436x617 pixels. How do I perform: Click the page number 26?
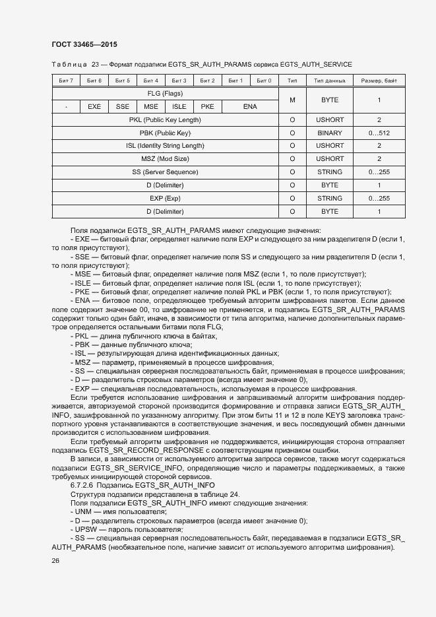coord(55,560)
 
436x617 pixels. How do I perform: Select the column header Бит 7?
coord(66,81)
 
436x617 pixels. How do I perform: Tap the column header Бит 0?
coord(264,81)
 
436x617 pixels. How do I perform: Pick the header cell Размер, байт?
coord(379,81)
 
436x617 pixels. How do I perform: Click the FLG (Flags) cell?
coord(165,94)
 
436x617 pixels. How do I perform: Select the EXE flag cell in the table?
coord(94,106)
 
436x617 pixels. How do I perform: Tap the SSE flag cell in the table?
coord(123,106)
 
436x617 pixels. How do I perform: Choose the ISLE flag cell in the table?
coord(179,106)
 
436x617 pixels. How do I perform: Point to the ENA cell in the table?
coord(249,106)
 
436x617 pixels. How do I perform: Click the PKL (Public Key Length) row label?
coord(165,120)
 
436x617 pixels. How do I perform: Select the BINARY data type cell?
coord(330,133)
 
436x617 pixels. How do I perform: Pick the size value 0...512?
coord(379,133)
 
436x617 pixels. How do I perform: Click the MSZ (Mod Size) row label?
coord(165,159)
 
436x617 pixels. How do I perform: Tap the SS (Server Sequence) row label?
coord(165,172)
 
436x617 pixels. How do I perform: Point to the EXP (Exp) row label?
coord(165,198)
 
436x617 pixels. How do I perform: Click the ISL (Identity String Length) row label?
coord(165,146)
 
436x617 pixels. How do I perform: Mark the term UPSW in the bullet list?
coord(86,529)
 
